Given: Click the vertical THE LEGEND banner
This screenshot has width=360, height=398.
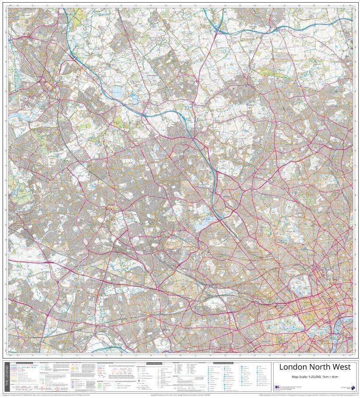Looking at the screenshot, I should click(x=6, y=377).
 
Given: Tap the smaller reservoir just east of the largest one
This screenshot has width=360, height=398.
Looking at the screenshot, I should click(x=135, y=99).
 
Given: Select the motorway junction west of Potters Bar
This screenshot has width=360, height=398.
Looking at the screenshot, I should click(x=218, y=30).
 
